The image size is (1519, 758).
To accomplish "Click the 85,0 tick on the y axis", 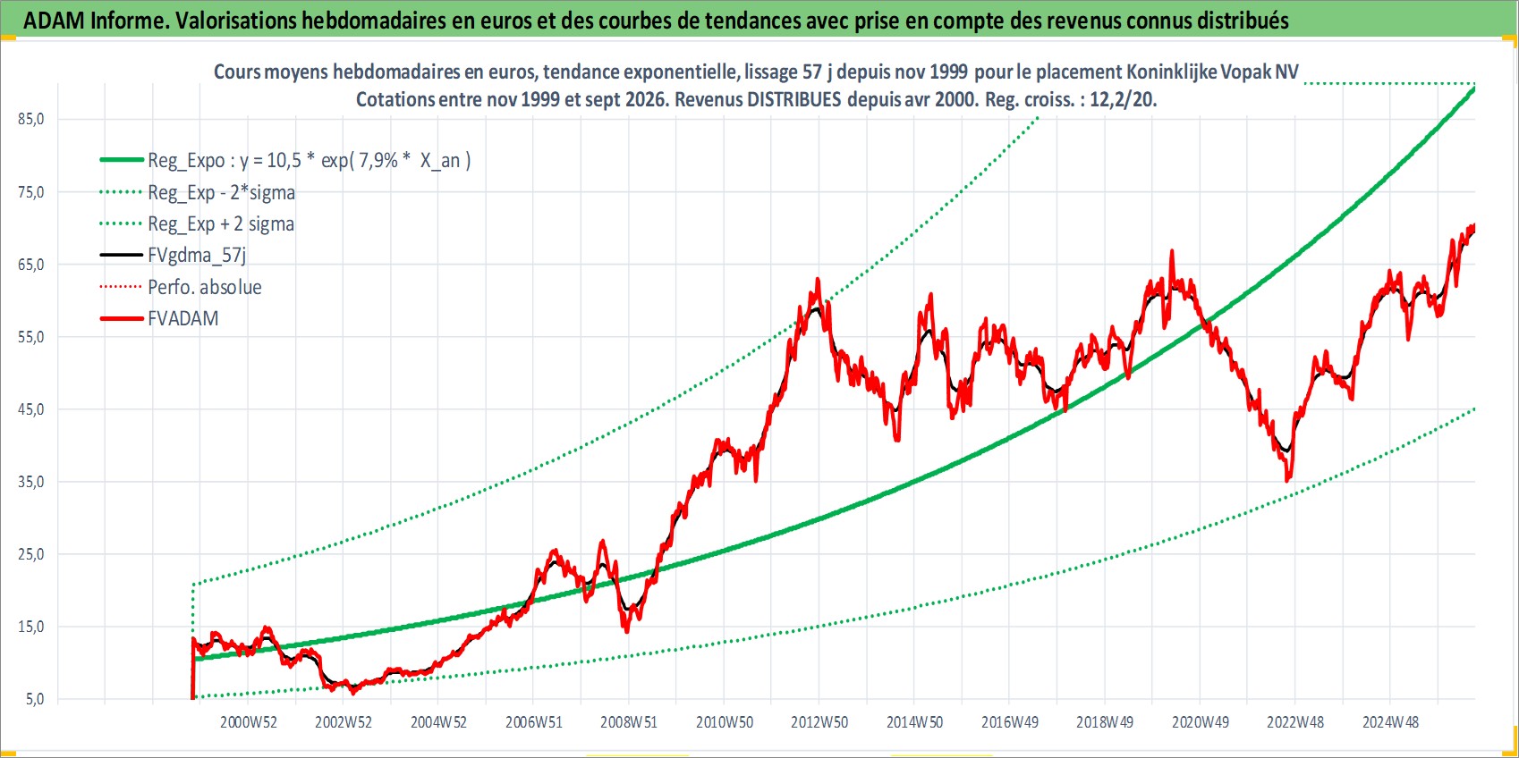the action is (x=31, y=119).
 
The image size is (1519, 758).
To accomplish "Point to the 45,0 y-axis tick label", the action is (x=31, y=409).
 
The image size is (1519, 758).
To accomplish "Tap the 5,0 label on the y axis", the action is (x=35, y=699).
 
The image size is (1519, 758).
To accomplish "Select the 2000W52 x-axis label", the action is (x=248, y=722).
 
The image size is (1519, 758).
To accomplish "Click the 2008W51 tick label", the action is (x=629, y=722).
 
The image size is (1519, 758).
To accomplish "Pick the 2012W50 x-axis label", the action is (x=819, y=722).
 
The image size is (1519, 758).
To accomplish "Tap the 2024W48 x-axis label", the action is (x=1390, y=722).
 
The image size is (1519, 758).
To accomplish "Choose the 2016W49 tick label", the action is (x=1010, y=722).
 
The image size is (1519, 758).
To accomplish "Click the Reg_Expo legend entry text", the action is (x=310, y=161).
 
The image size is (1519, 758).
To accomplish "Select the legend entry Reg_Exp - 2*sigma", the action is (x=221, y=193).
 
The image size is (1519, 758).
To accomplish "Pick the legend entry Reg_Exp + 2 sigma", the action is (x=221, y=224).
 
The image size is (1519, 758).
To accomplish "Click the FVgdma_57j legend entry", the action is (x=197, y=256).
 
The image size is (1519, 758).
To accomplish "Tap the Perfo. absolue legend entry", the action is (x=205, y=287).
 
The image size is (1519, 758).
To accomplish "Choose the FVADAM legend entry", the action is (x=183, y=318).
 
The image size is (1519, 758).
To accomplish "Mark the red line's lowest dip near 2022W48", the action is (x=1287, y=480).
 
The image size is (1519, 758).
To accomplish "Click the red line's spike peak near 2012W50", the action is (x=818, y=279).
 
